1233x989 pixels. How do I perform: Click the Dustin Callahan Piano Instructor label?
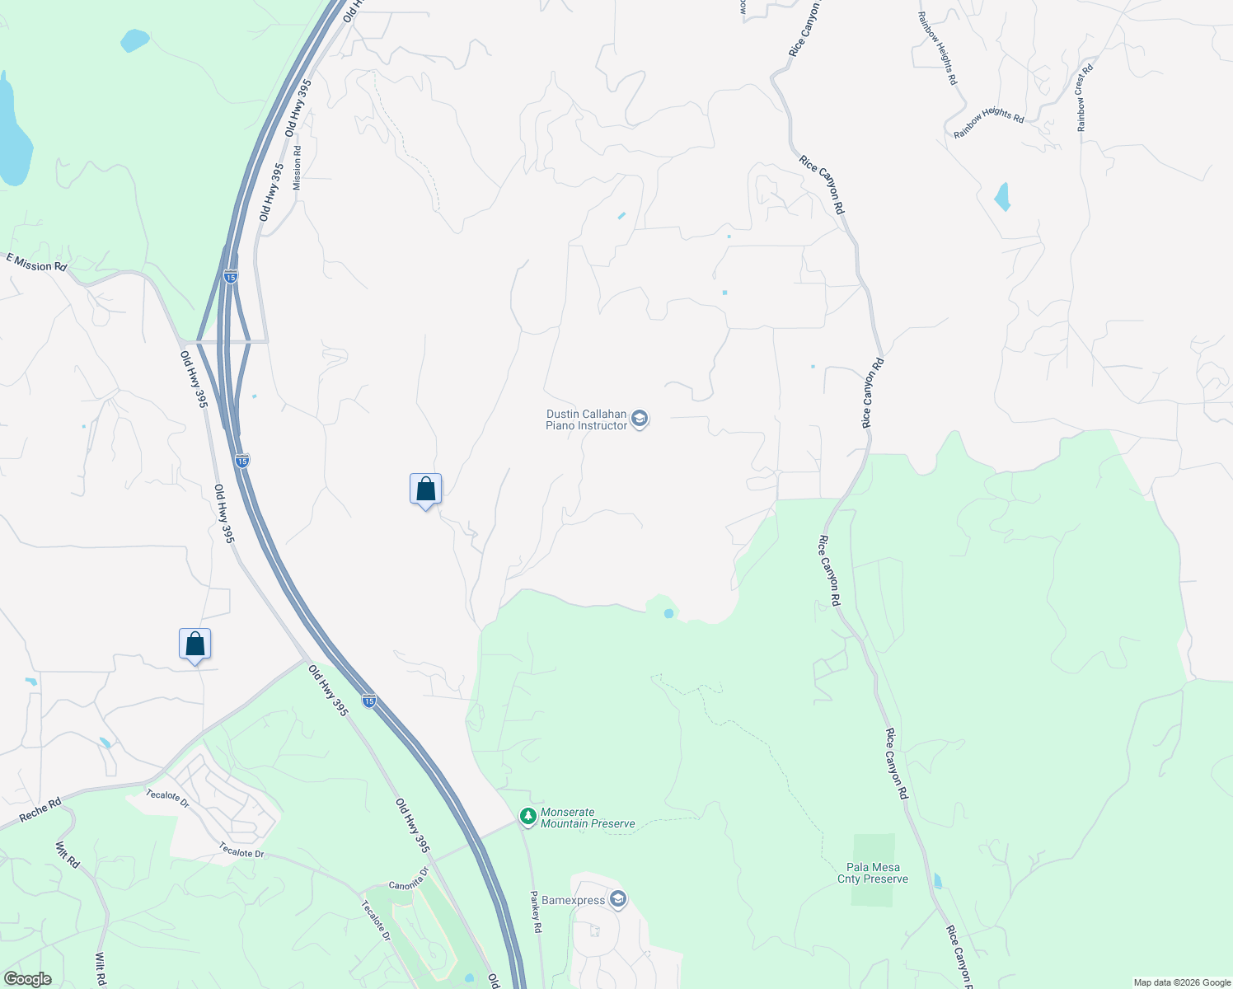coord(586,420)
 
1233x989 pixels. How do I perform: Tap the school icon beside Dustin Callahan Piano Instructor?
coord(640,420)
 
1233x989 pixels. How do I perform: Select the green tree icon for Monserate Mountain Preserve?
coord(527,817)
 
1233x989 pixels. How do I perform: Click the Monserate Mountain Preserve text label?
coord(588,818)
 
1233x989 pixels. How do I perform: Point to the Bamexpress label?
coord(573,900)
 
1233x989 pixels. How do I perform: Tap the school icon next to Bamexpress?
coord(618,899)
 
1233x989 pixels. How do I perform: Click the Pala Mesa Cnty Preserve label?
coord(873,873)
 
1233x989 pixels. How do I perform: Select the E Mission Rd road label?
coord(36,262)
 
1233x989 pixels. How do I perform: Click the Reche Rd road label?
coord(40,809)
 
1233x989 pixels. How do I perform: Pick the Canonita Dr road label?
coord(409,879)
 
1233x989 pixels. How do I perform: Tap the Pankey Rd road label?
coord(536,911)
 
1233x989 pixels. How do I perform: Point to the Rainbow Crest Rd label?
coord(1085,97)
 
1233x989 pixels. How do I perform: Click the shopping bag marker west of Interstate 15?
coord(195,644)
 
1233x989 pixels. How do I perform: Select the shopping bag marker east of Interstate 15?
coord(425,490)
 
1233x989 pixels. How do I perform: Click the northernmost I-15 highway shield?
coord(231,277)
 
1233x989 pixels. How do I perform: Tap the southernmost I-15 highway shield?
coord(369,701)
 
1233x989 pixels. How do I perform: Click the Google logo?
coord(27,979)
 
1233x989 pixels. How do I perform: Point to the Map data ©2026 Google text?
coord(1181,982)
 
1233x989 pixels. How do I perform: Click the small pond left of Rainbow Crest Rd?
coord(1002,197)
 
